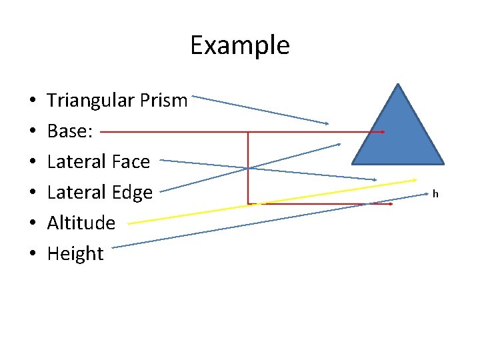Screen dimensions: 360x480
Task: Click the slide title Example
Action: tap(239, 45)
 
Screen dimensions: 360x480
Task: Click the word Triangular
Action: tap(90, 101)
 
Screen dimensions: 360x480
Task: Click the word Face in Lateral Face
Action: tap(131, 161)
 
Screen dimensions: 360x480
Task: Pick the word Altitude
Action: tap(81, 223)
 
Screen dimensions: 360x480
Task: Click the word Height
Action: tap(75, 254)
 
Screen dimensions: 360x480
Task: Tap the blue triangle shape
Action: tap(398, 133)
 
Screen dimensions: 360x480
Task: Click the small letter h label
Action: tap(435, 194)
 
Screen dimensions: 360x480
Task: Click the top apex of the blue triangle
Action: tap(398, 85)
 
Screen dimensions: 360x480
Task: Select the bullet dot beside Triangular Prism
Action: tap(33, 101)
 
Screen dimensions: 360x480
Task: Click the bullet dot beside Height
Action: tap(33, 255)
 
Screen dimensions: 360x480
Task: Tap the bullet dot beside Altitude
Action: tap(33, 224)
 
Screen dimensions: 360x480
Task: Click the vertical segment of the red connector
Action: tap(248, 167)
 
